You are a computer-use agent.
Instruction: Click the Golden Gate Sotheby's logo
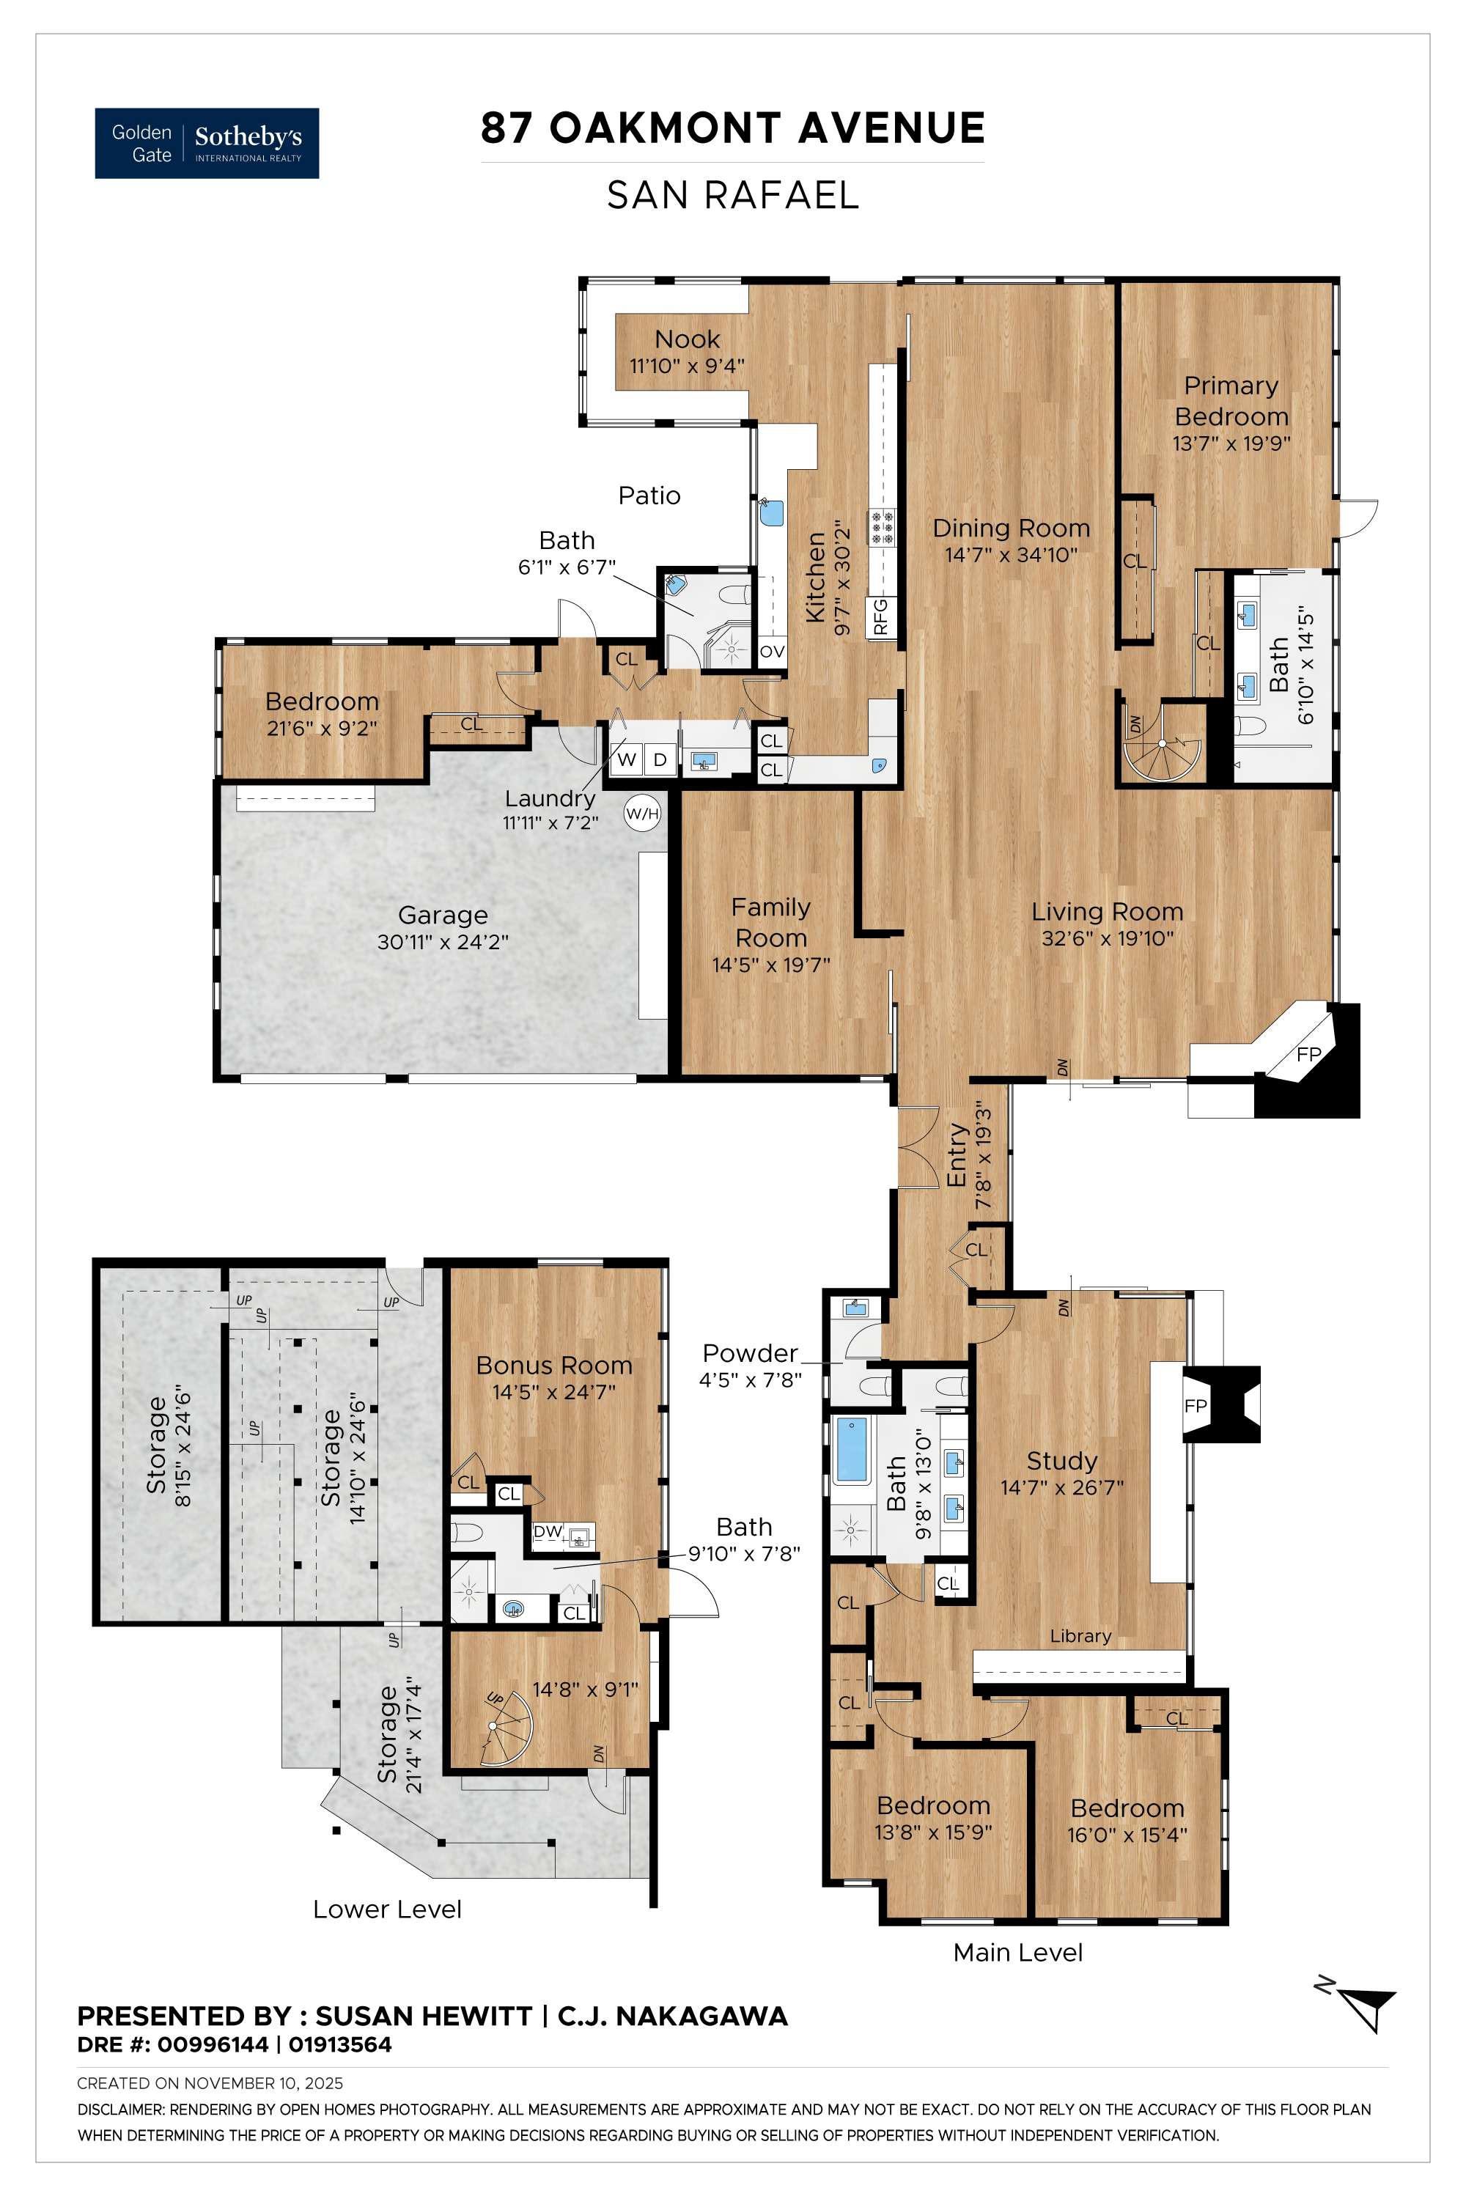(207, 143)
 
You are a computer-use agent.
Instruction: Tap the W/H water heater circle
(642, 814)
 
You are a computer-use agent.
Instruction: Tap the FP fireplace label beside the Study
(1196, 1405)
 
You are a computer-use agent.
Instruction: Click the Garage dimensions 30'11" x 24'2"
(442, 941)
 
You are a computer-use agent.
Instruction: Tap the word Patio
(649, 496)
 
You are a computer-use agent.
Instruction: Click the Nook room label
(688, 339)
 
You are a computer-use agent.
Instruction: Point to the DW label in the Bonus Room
(547, 1531)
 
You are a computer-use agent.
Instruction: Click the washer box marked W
(627, 759)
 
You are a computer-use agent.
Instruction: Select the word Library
(1080, 1636)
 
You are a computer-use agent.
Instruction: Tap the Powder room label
(750, 1353)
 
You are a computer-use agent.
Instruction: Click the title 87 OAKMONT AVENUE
(732, 128)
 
